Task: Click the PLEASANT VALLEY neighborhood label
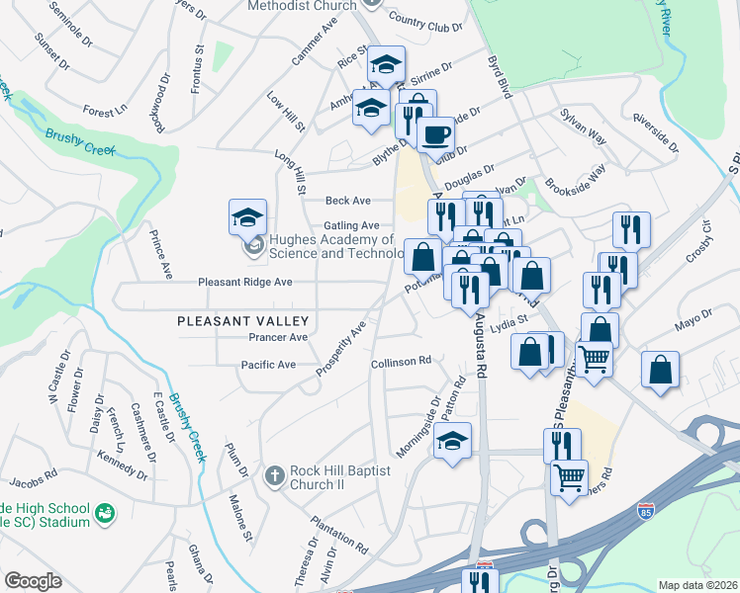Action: (243, 321)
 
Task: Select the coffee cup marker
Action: (434, 133)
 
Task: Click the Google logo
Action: (33, 580)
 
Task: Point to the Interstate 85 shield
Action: (645, 512)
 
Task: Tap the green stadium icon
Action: (104, 513)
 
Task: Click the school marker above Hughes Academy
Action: (247, 217)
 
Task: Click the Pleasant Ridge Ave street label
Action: (244, 282)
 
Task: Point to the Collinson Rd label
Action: (401, 362)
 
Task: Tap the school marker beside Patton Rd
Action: (452, 440)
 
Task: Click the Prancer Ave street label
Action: (278, 337)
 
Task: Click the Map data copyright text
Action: (698, 584)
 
